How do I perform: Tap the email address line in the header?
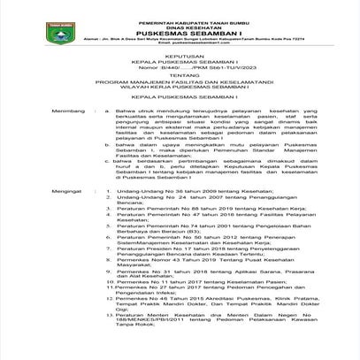point(181,44)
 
